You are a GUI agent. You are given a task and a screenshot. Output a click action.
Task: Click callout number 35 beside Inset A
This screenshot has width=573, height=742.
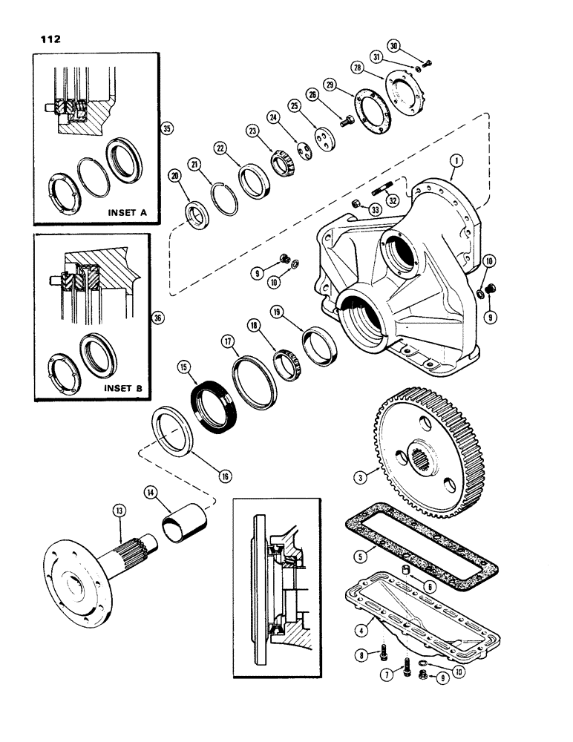coord(166,128)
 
